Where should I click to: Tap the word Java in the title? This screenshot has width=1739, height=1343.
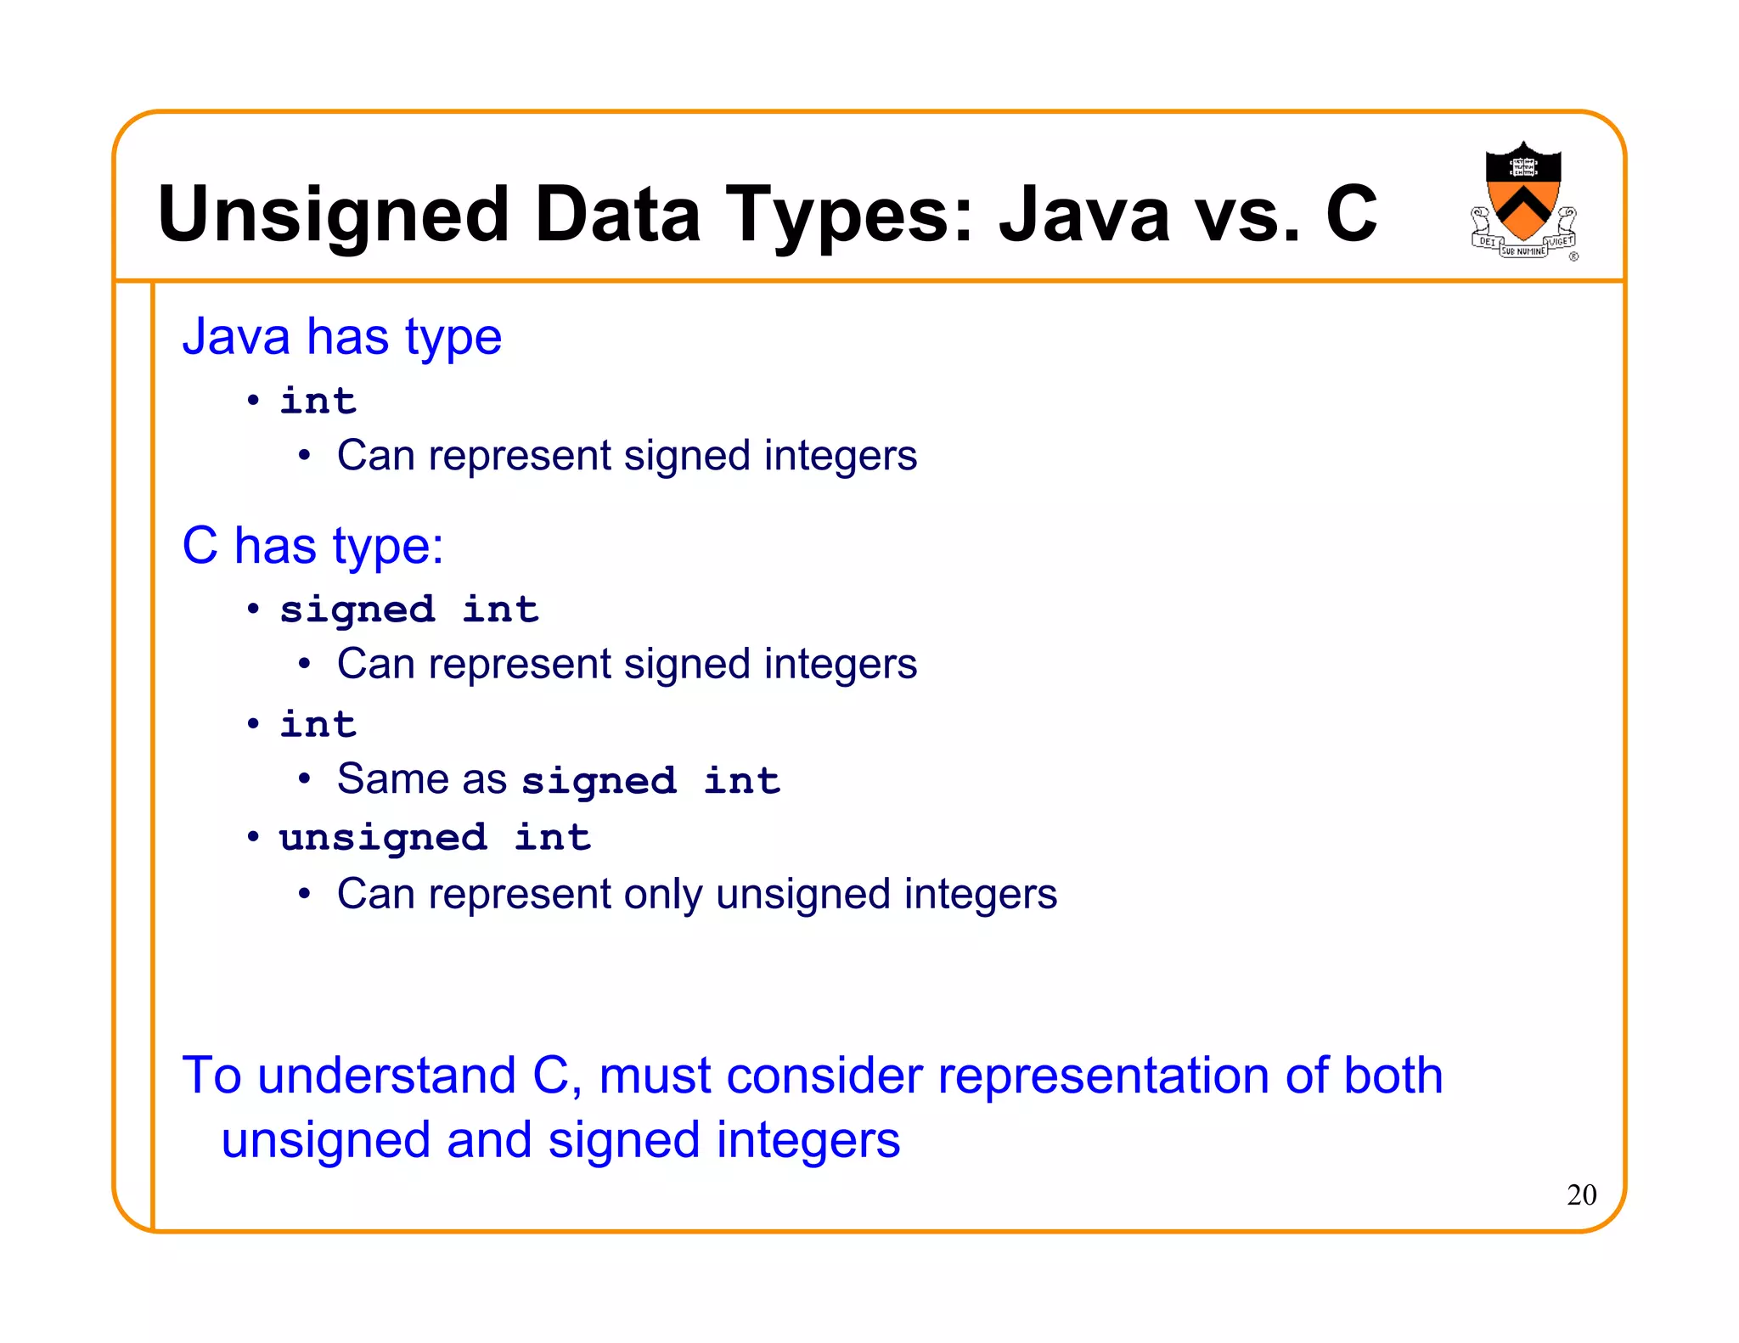tap(1083, 215)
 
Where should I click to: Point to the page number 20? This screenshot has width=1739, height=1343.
tap(1581, 1194)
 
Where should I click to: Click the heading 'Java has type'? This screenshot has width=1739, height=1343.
tap(341, 337)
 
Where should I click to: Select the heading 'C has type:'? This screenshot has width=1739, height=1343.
tap(312, 545)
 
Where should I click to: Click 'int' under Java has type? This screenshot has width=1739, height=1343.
tap(318, 401)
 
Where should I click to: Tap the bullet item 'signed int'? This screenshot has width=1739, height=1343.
tap(409, 610)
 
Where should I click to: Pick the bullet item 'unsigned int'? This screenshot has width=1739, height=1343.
tap(435, 838)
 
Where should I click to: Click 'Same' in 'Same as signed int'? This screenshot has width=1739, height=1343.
tap(391, 778)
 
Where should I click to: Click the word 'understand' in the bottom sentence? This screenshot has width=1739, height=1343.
tap(386, 1076)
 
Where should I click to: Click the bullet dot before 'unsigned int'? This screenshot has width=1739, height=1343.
tap(253, 838)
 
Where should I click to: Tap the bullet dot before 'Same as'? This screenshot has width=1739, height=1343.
tap(304, 779)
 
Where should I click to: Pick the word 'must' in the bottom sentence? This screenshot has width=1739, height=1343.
tap(655, 1076)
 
